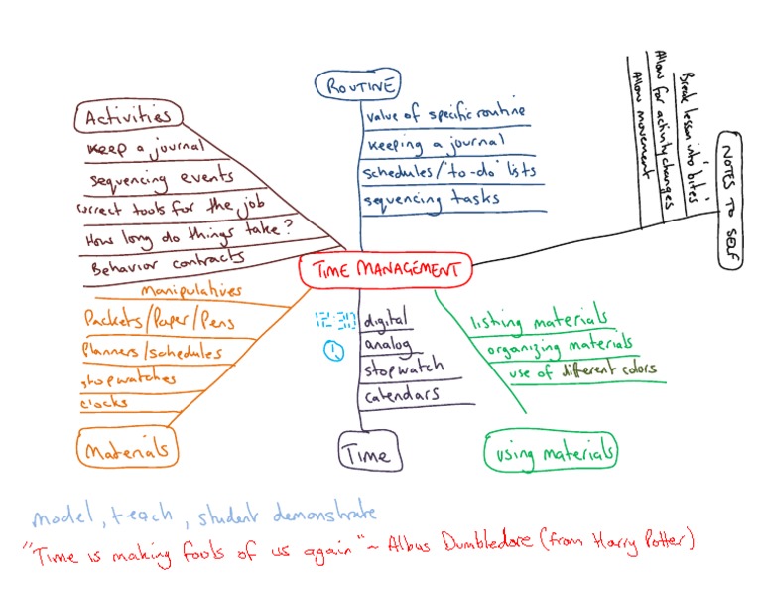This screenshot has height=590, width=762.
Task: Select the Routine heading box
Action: click(357, 87)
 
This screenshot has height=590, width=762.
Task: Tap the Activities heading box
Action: click(128, 117)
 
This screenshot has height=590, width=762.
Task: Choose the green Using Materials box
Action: click(552, 452)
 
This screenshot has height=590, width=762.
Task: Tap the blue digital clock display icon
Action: click(335, 319)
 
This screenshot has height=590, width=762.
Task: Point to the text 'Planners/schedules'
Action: click(153, 351)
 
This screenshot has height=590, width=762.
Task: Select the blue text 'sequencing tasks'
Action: click(431, 198)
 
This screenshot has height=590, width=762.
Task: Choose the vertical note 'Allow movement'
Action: click(639, 129)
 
